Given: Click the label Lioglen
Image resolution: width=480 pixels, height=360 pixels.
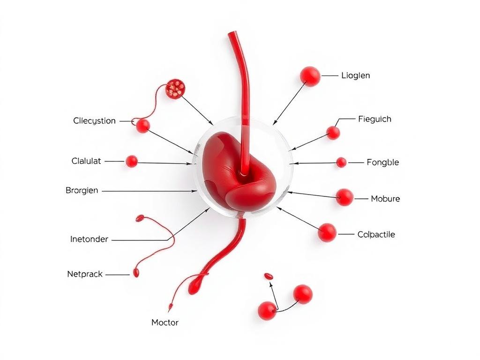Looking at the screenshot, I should [356, 75].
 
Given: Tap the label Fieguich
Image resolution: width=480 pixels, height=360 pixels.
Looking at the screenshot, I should [374, 119].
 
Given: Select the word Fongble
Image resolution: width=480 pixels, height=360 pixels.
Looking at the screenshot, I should [382, 163].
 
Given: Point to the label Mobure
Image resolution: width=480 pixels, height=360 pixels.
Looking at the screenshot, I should [385, 199].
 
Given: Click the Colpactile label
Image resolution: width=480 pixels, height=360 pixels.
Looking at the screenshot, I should [376, 234].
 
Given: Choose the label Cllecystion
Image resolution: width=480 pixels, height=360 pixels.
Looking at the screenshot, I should [94, 121].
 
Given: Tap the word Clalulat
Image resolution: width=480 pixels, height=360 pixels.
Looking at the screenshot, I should [86, 161].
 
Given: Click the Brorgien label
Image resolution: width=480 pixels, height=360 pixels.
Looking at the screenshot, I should [82, 191].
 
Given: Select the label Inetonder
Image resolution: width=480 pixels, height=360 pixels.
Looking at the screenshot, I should [89, 240].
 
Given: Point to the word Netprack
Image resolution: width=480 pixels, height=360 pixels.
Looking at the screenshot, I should [85, 274].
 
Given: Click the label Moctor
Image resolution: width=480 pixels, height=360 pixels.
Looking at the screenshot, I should [165, 322].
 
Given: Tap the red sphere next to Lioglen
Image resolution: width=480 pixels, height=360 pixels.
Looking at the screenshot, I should [310, 76].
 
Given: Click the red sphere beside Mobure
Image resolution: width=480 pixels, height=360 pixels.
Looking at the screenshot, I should [345, 197].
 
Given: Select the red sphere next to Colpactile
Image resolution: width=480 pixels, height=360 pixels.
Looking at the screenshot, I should [327, 232].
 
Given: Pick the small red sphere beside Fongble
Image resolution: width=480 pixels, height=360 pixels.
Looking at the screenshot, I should [341, 163].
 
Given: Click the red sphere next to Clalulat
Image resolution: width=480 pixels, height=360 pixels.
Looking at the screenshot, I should [132, 161].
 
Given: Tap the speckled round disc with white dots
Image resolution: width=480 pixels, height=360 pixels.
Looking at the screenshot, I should [176, 89].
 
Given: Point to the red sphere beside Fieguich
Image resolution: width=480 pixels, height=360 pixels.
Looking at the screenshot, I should [333, 133].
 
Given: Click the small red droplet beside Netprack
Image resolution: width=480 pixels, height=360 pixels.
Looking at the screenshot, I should [136, 273].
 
